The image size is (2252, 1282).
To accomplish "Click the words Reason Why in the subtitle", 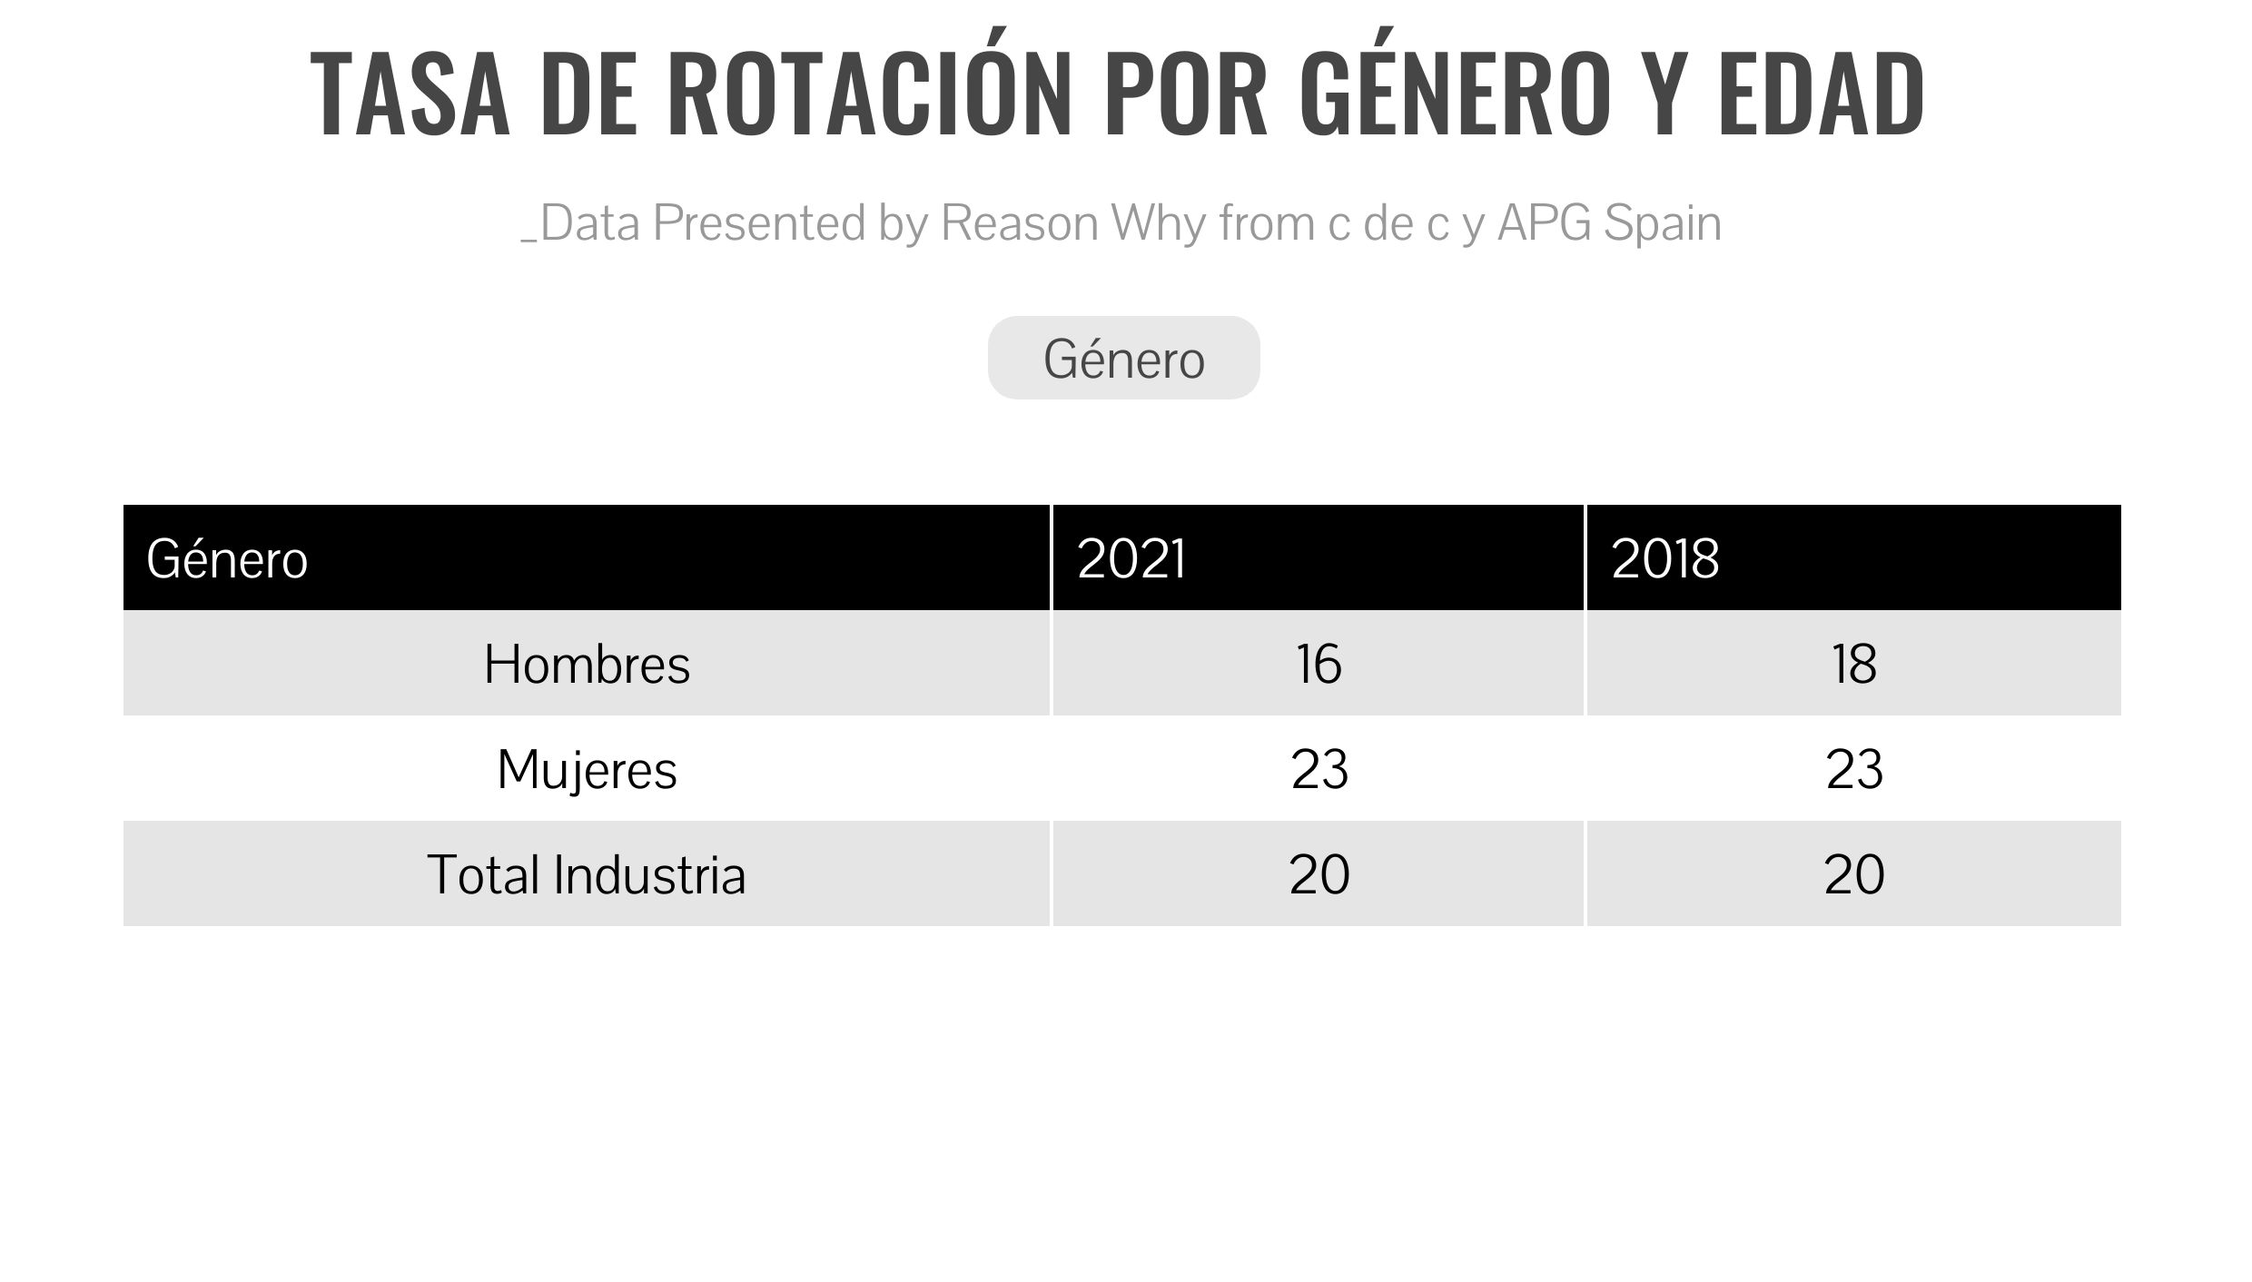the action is [1066, 223].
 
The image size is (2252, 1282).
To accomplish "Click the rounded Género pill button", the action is [1124, 358].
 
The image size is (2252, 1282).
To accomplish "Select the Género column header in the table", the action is [227, 557].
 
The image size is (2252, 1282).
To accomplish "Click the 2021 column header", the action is [1131, 558].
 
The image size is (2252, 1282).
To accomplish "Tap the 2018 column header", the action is [1665, 558].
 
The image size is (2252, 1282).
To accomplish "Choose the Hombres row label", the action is [587, 664].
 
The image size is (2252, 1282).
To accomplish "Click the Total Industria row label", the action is [587, 874].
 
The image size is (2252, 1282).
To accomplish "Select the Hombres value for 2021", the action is [1319, 664].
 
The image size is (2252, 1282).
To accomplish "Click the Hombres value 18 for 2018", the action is [1853, 664].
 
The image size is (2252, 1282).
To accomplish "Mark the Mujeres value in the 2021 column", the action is [1319, 769].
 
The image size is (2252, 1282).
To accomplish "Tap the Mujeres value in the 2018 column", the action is [1854, 769].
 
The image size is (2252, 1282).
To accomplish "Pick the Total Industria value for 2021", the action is [1319, 874].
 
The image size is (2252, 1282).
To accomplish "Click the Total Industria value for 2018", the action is [1854, 874].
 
